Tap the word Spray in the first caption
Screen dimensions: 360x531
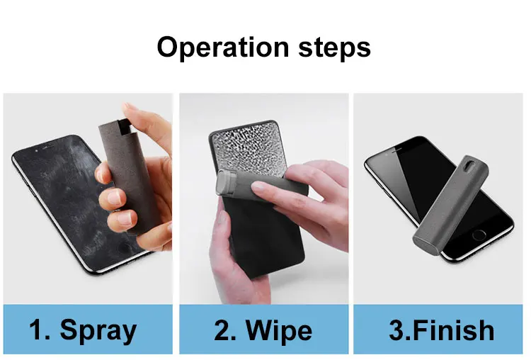coord(98,330)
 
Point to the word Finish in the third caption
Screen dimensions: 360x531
coord(455,330)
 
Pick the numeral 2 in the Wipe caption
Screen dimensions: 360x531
coord(222,330)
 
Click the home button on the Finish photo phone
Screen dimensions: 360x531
coord(480,234)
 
